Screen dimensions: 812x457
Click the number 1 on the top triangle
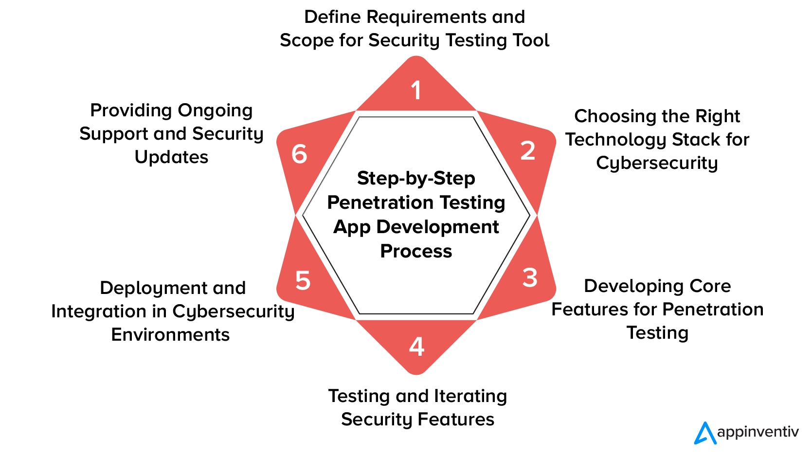(x=416, y=91)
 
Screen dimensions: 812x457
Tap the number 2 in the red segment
(x=528, y=150)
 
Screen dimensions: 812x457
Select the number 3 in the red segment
(x=530, y=278)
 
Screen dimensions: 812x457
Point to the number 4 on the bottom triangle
(x=416, y=347)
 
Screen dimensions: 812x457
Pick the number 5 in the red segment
(x=303, y=281)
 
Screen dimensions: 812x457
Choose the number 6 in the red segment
(x=299, y=154)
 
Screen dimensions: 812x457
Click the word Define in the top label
(x=332, y=17)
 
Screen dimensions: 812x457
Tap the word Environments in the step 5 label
(x=170, y=334)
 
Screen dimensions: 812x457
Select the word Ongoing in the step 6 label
(x=215, y=111)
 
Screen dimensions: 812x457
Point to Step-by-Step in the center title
(x=416, y=179)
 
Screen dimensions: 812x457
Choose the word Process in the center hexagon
(x=416, y=251)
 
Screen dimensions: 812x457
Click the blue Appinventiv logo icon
(x=704, y=433)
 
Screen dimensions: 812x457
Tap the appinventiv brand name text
(x=758, y=432)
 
